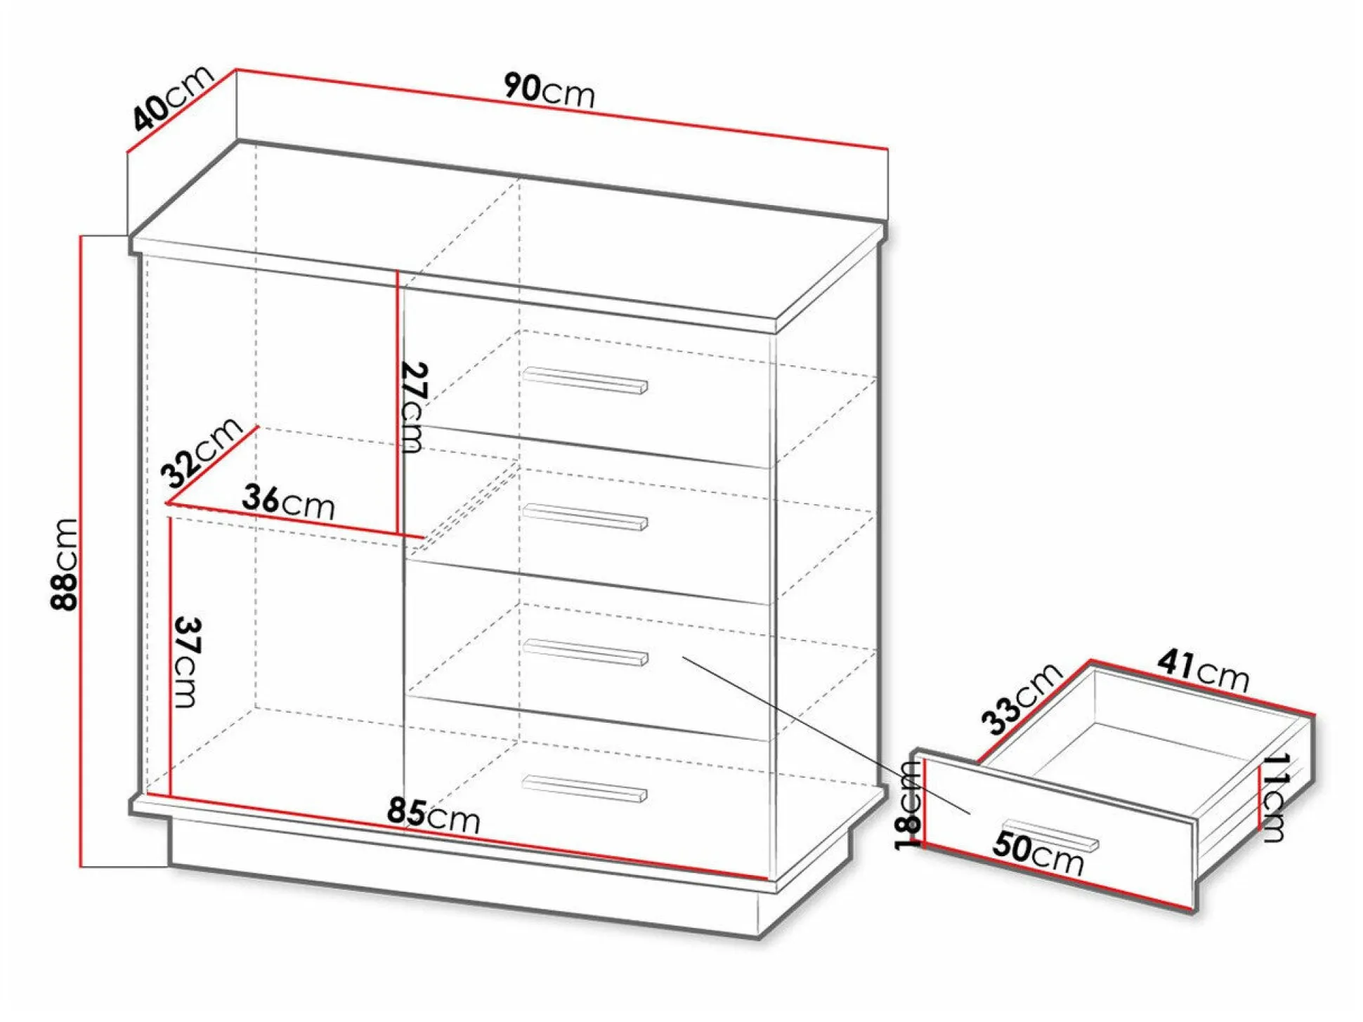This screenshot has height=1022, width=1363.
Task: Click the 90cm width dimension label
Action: tap(549, 91)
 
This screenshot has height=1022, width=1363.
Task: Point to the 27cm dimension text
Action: tap(413, 407)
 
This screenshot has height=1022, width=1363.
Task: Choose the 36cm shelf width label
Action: tap(288, 502)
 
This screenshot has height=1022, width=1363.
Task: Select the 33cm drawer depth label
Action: tap(1021, 697)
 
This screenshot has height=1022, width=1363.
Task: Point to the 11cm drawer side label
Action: tap(1274, 797)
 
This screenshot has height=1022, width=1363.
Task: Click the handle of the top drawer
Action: tap(585, 380)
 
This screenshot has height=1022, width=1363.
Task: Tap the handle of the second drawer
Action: tap(585, 517)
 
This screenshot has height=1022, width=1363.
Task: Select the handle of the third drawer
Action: tap(585, 652)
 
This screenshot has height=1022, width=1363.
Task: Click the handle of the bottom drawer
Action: tap(585, 788)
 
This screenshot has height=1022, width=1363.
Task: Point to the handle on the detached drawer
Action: tap(1051, 835)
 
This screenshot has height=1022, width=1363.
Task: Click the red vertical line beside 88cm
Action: tap(81, 551)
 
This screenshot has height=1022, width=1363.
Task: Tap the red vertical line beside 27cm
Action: tap(398, 404)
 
